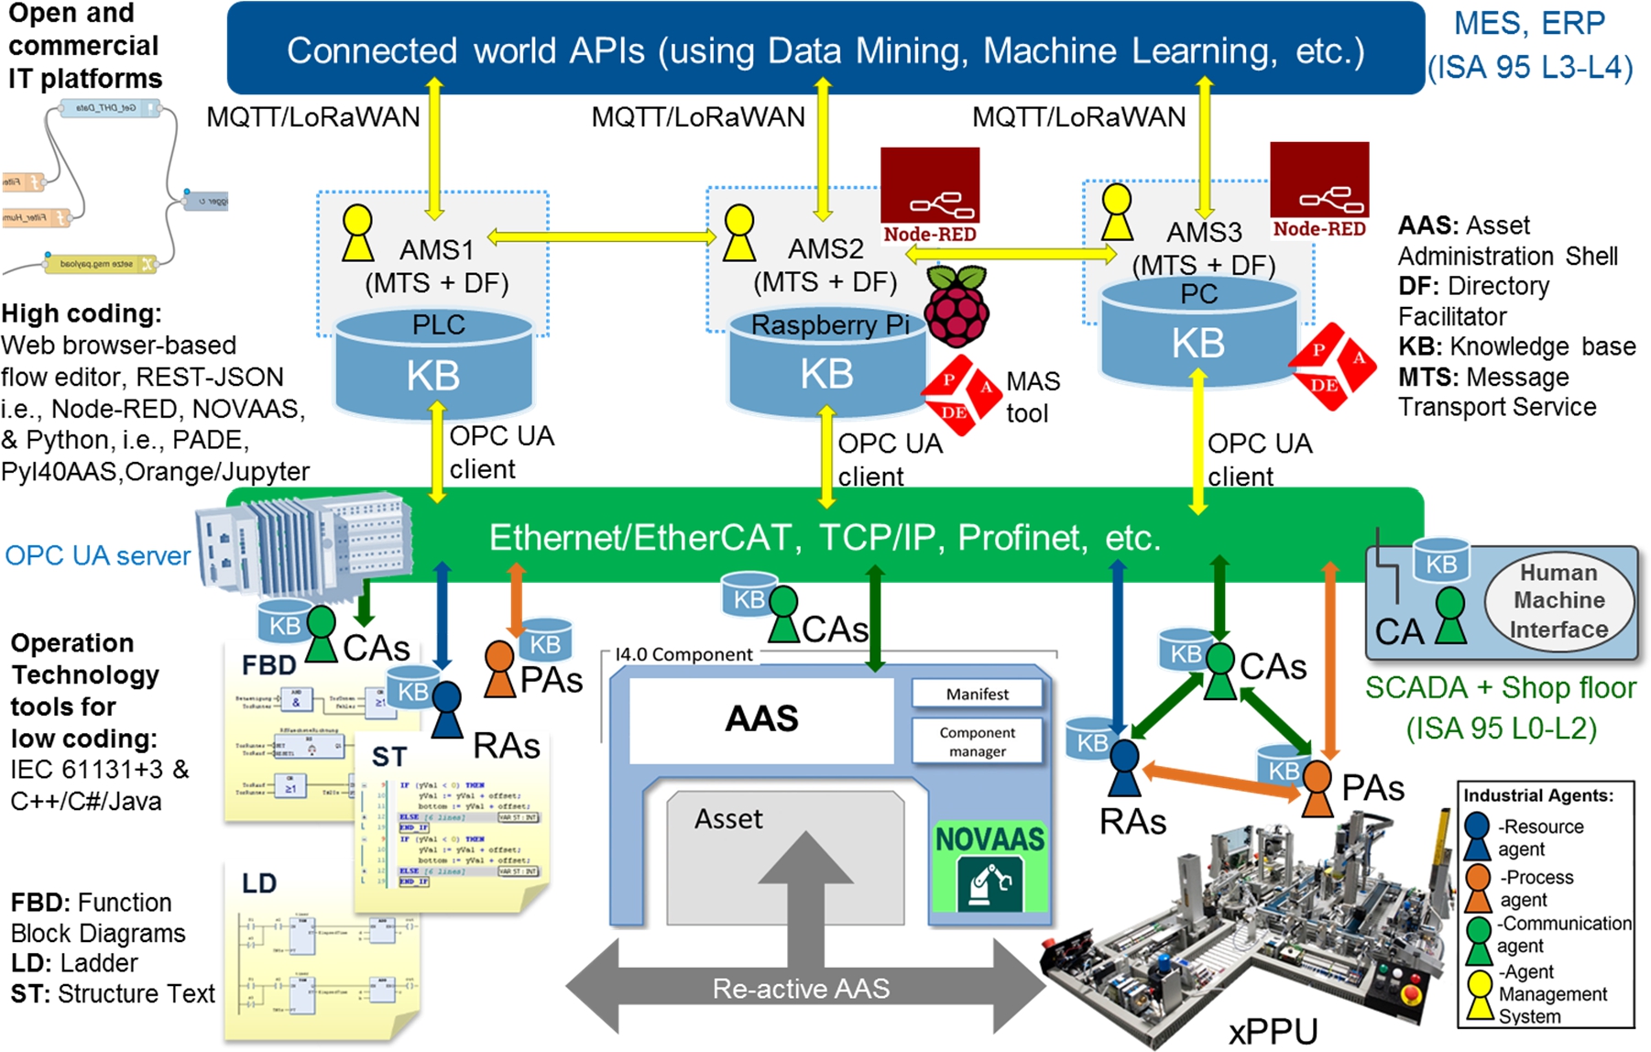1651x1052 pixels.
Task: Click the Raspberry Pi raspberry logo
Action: click(x=957, y=307)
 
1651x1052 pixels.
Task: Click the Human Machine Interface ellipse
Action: click(x=1558, y=600)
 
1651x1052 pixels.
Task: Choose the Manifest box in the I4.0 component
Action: click(x=977, y=694)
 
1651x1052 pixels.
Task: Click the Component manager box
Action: click(x=977, y=741)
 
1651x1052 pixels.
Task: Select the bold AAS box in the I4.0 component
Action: click(x=761, y=719)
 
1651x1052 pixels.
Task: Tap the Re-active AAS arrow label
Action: click(x=801, y=989)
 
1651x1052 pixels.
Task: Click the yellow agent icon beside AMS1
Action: click(x=357, y=234)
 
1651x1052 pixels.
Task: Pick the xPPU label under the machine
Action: click(x=1273, y=1031)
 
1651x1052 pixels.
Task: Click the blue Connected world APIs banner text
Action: click(x=825, y=50)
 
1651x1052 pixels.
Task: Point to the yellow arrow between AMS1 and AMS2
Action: click(x=602, y=237)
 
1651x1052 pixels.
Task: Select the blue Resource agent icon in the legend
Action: click(x=1477, y=836)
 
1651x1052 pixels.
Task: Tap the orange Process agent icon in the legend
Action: click(x=1477, y=886)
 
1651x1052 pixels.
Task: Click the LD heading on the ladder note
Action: click(x=259, y=883)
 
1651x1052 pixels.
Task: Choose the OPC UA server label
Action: click(x=98, y=555)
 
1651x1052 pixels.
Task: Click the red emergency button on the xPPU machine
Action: click(x=1412, y=992)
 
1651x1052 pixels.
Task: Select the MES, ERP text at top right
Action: click(x=1529, y=23)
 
